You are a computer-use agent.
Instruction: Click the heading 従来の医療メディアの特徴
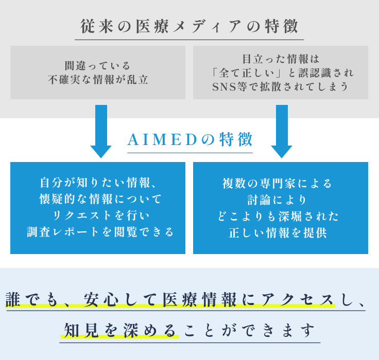point(189,27)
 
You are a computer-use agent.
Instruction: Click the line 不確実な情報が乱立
point(98,80)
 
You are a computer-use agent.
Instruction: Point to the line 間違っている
point(98,66)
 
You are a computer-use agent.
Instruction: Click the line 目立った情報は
point(281,59)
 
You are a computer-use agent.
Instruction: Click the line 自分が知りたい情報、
point(98,183)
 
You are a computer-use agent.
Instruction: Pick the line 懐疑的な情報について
point(98,199)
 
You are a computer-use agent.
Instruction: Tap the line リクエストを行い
point(98,215)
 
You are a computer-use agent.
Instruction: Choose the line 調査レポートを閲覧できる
point(98,231)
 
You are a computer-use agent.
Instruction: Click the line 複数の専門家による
point(281,183)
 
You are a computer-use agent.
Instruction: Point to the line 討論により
point(281,199)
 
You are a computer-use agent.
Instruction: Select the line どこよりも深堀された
point(281,215)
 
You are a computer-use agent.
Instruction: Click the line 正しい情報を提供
point(281,232)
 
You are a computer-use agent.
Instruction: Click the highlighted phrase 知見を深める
point(119,329)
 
